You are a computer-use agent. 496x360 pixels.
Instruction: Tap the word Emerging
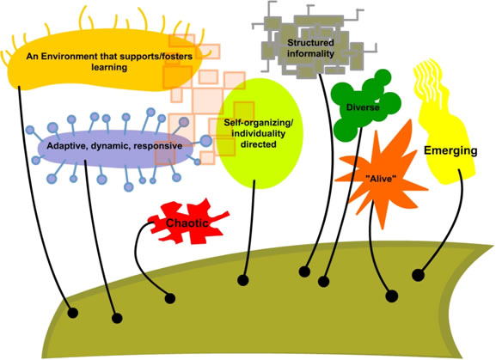coord(450,151)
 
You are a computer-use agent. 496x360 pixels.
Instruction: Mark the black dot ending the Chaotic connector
coord(170,299)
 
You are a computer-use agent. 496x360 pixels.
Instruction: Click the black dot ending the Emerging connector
coord(418,276)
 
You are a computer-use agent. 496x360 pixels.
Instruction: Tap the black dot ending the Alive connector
coord(392,296)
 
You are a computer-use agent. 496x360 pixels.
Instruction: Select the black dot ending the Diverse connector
coord(324,281)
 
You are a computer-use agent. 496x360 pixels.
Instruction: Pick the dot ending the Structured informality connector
coord(304,272)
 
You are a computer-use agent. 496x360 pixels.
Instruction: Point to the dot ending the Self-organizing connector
coord(243,280)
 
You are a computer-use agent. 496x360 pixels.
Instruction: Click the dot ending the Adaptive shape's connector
coord(116,320)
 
